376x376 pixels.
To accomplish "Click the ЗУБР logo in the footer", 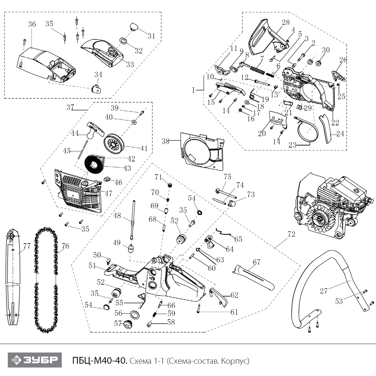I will [x=35, y=360].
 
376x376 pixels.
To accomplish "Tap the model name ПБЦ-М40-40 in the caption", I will [x=100, y=361].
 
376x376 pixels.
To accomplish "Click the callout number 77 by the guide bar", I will [x=27, y=246].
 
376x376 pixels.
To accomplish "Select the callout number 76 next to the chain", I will [x=65, y=246].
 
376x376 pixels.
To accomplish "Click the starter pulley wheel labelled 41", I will [x=114, y=144].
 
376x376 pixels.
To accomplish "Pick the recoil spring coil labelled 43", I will [x=94, y=164].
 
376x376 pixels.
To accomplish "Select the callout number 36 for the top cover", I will [x=32, y=24].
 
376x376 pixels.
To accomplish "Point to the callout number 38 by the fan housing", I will [x=165, y=141].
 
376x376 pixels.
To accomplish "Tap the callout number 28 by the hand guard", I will [x=286, y=22].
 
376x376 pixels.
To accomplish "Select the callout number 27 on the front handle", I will [x=324, y=291].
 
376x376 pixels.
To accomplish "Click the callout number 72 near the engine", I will [x=291, y=234].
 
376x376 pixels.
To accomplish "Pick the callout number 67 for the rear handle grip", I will [x=256, y=262].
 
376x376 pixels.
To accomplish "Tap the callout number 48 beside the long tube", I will [x=117, y=216].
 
